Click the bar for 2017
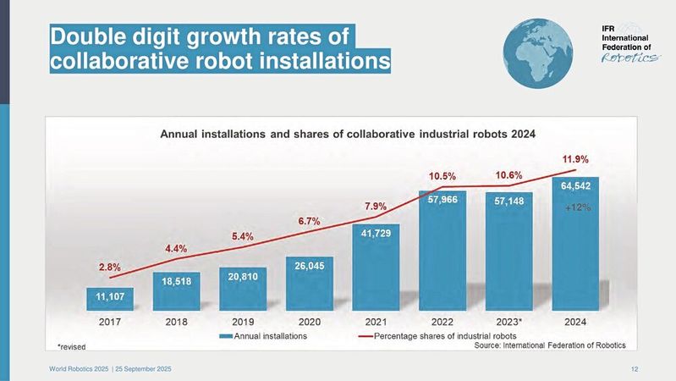point(110,297)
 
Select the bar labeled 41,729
point(376,267)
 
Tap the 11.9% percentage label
point(575,158)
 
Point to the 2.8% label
point(109,267)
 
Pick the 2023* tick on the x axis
point(508,322)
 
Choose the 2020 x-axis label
point(309,322)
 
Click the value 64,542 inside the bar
point(575,184)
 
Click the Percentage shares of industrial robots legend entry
point(431,336)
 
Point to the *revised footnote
point(71,346)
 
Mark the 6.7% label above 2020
point(308,222)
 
